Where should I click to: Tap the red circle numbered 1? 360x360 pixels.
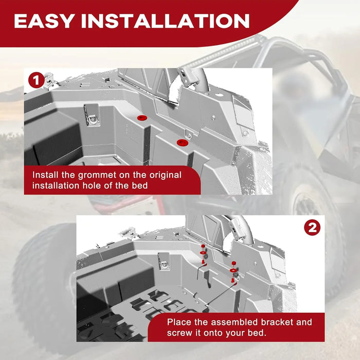[x=35, y=81]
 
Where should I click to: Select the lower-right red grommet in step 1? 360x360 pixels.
[x=181, y=142]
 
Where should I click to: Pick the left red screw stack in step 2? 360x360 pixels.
[x=203, y=255]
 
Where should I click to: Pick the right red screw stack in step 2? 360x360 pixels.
[x=233, y=268]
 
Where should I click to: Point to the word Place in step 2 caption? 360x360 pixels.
[x=179, y=322]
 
